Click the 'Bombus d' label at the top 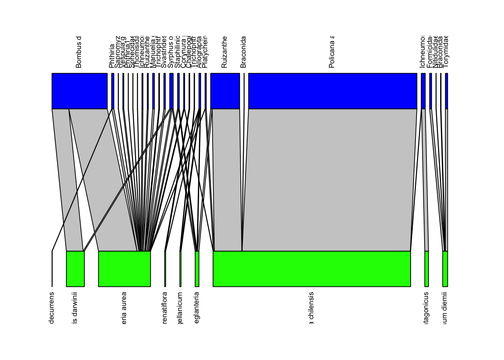78,52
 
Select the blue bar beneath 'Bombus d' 79,91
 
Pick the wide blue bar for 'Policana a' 333,91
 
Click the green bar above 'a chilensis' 312,269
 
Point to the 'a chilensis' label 311,307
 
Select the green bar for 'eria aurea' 124,269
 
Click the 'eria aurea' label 124,307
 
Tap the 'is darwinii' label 75,307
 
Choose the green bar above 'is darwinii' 75,269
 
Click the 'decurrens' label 52,307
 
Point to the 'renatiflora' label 165,307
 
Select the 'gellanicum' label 180,307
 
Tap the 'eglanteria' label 196,307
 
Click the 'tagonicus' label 426,307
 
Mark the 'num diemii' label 445,307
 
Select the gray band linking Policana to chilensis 326,180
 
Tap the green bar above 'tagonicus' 427,269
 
